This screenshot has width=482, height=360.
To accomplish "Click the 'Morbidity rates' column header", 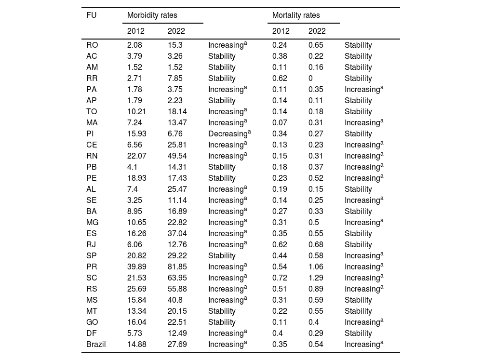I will tap(152, 15).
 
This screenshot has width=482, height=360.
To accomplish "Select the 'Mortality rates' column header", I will tap(296, 15).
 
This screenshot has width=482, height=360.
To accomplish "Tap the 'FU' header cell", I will tap(91, 15).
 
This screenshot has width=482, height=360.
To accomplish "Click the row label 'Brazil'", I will tap(96, 344).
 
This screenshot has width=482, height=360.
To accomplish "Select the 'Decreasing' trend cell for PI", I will tap(229, 133).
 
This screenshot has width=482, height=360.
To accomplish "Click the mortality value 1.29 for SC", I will tap(316, 278).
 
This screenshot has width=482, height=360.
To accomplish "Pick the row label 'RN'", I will tap(92, 156).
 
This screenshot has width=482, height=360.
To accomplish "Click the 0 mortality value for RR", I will tap(311, 78).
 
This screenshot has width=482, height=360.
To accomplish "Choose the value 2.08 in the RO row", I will tap(135, 45).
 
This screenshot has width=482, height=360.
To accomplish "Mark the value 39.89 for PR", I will tap(137, 267).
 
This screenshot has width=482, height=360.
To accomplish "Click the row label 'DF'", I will tap(92, 333).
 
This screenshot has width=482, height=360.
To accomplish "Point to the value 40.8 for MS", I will tap(175, 300).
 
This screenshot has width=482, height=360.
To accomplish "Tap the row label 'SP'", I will tap(92, 255).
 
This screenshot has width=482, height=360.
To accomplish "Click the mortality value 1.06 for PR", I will tap(316, 267).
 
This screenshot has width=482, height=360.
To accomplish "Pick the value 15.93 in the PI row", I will tap(137, 133).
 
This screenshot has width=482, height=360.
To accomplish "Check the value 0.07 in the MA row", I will tap(280, 122).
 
